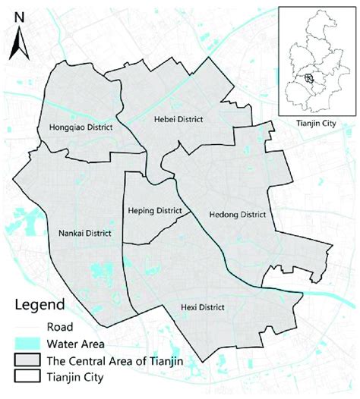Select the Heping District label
coord(155,211)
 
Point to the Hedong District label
coord(237,215)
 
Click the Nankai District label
coord(84,234)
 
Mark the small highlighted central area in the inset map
coord(308,77)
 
